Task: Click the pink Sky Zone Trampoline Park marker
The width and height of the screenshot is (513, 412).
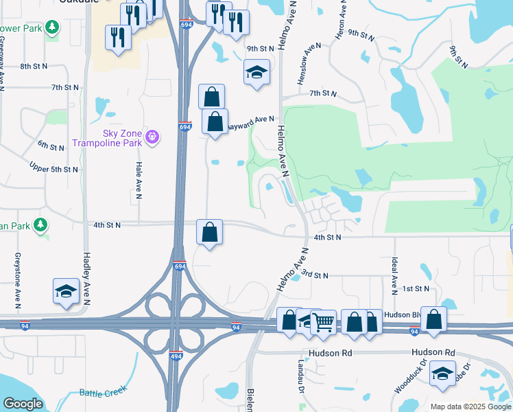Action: (x=153, y=137)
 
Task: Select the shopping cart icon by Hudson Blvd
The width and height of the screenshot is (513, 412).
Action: (x=323, y=321)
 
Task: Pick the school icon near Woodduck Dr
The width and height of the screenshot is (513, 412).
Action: (x=442, y=374)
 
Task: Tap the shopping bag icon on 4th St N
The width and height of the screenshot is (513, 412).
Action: (x=209, y=233)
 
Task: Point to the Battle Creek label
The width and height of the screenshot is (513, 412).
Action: (x=104, y=393)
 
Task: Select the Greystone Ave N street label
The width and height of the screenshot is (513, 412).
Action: (x=17, y=278)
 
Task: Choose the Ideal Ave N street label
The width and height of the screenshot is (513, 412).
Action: (x=395, y=273)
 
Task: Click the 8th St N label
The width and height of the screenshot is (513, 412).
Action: (x=34, y=66)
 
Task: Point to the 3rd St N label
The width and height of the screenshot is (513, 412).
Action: (x=315, y=275)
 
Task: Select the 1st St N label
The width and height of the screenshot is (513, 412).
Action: (x=416, y=288)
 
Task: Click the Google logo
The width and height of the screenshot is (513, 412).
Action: (x=23, y=403)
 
